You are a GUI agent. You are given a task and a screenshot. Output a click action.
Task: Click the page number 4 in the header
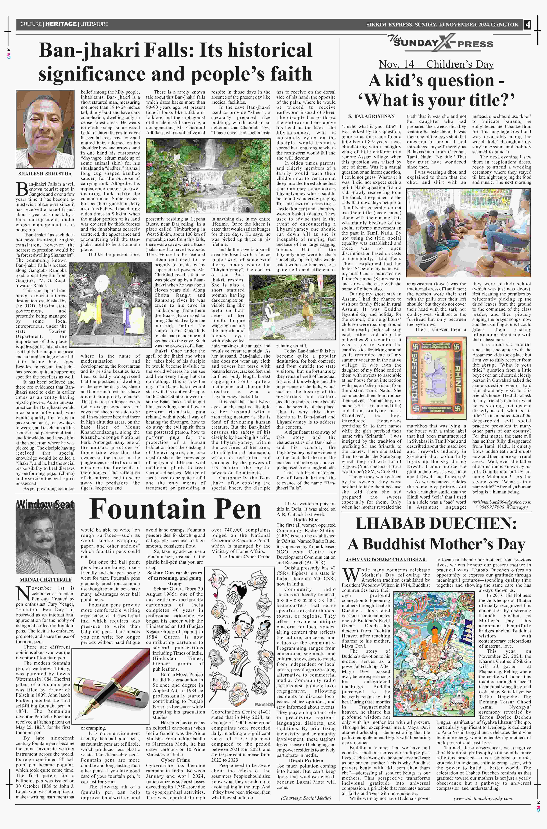pos(527,24)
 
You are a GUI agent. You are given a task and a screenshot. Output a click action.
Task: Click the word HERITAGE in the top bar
pos(61,24)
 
